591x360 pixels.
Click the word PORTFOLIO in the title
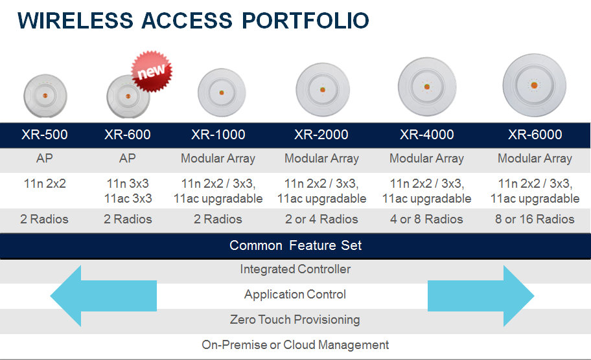click(305, 20)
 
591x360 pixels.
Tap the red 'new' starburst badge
click(152, 72)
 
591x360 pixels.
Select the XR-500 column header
click(45, 135)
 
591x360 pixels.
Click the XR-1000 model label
click(218, 135)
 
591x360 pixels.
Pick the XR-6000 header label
click(535, 135)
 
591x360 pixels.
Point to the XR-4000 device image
click(427, 87)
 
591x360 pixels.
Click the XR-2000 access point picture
click(323, 89)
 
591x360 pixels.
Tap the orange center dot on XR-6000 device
click(534, 85)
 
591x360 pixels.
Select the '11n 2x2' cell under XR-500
click(45, 184)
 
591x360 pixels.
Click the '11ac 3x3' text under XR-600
click(128, 198)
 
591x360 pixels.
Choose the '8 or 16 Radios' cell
click(535, 219)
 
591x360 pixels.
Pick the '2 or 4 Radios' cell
click(321, 219)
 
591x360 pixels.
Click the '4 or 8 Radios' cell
click(426, 219)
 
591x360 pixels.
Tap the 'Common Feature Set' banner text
click(295, 245)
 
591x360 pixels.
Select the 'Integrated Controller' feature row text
click(295, 269)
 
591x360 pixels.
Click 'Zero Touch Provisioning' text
click(295, 320)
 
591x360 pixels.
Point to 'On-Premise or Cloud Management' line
click(295, 345)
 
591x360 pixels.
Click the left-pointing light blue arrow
click(103, 296)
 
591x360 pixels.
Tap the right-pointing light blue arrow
click(481, 296)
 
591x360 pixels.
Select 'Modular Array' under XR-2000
click(321, 159)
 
